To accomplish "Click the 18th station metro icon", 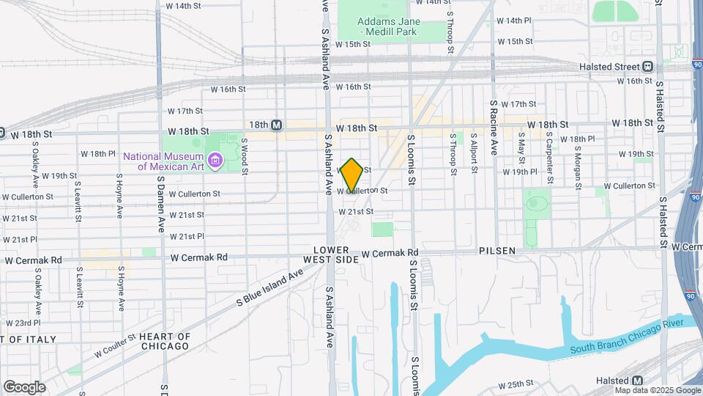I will (276, 125).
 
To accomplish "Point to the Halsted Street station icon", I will (647, 67).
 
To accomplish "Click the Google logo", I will (24, 386).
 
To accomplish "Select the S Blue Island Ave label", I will (269, 288).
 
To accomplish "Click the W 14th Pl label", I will (513, 21).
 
